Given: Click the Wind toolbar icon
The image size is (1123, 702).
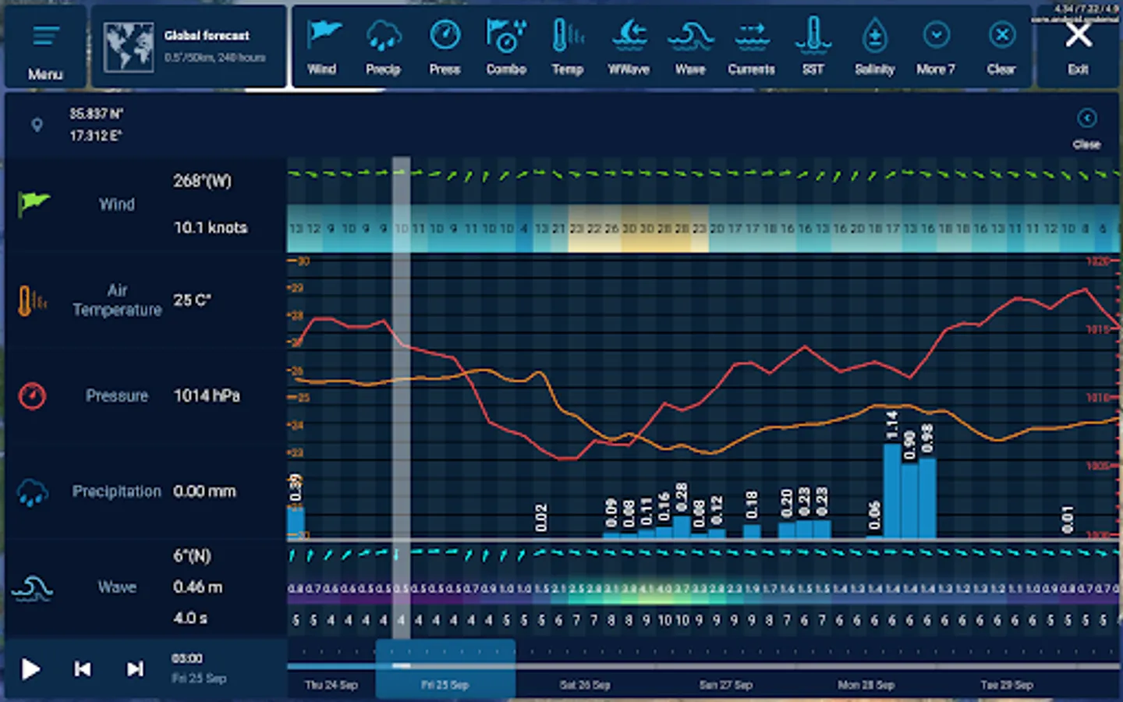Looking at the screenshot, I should coord(322,46).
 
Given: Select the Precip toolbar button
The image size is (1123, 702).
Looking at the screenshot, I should coord(383,46).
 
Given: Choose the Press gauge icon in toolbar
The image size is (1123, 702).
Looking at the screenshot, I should coord(445,46).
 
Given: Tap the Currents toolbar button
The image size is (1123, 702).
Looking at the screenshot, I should coord(751,46).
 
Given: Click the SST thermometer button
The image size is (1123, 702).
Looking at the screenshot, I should coord(813,46).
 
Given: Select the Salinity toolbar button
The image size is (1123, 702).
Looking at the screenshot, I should coord(874,46).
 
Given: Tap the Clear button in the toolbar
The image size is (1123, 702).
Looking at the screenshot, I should coord(1001,46).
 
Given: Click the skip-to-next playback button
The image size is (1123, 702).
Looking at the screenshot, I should coord(135,669).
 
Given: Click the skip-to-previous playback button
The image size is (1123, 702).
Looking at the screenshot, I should coord(83,669).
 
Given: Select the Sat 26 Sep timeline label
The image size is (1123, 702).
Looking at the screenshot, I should coord(585,685).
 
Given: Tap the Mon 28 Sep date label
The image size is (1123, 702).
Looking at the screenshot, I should coord(866,685).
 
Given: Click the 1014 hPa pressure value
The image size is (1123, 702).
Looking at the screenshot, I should coord(207,396).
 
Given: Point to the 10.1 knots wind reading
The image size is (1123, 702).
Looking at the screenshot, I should coord(211,228).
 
